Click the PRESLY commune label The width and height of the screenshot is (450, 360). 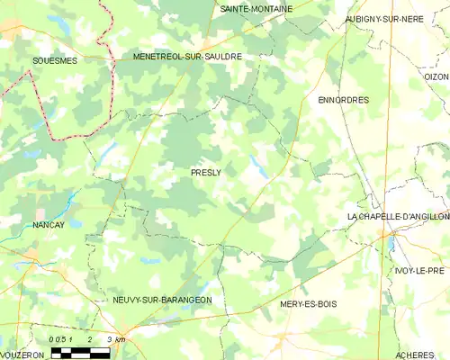click(205, 171)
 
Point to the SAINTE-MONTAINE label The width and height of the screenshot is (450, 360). click(256, 8)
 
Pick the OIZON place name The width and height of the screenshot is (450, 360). click(436, 77)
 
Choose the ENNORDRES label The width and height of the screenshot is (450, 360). click(344, 100)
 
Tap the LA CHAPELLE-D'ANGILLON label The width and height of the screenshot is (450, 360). click(398, 217)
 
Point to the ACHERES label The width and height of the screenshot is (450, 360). click(416, 355)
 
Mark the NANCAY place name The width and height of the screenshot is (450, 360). click(49, 225)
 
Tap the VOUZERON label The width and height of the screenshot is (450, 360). click(22, 355)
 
